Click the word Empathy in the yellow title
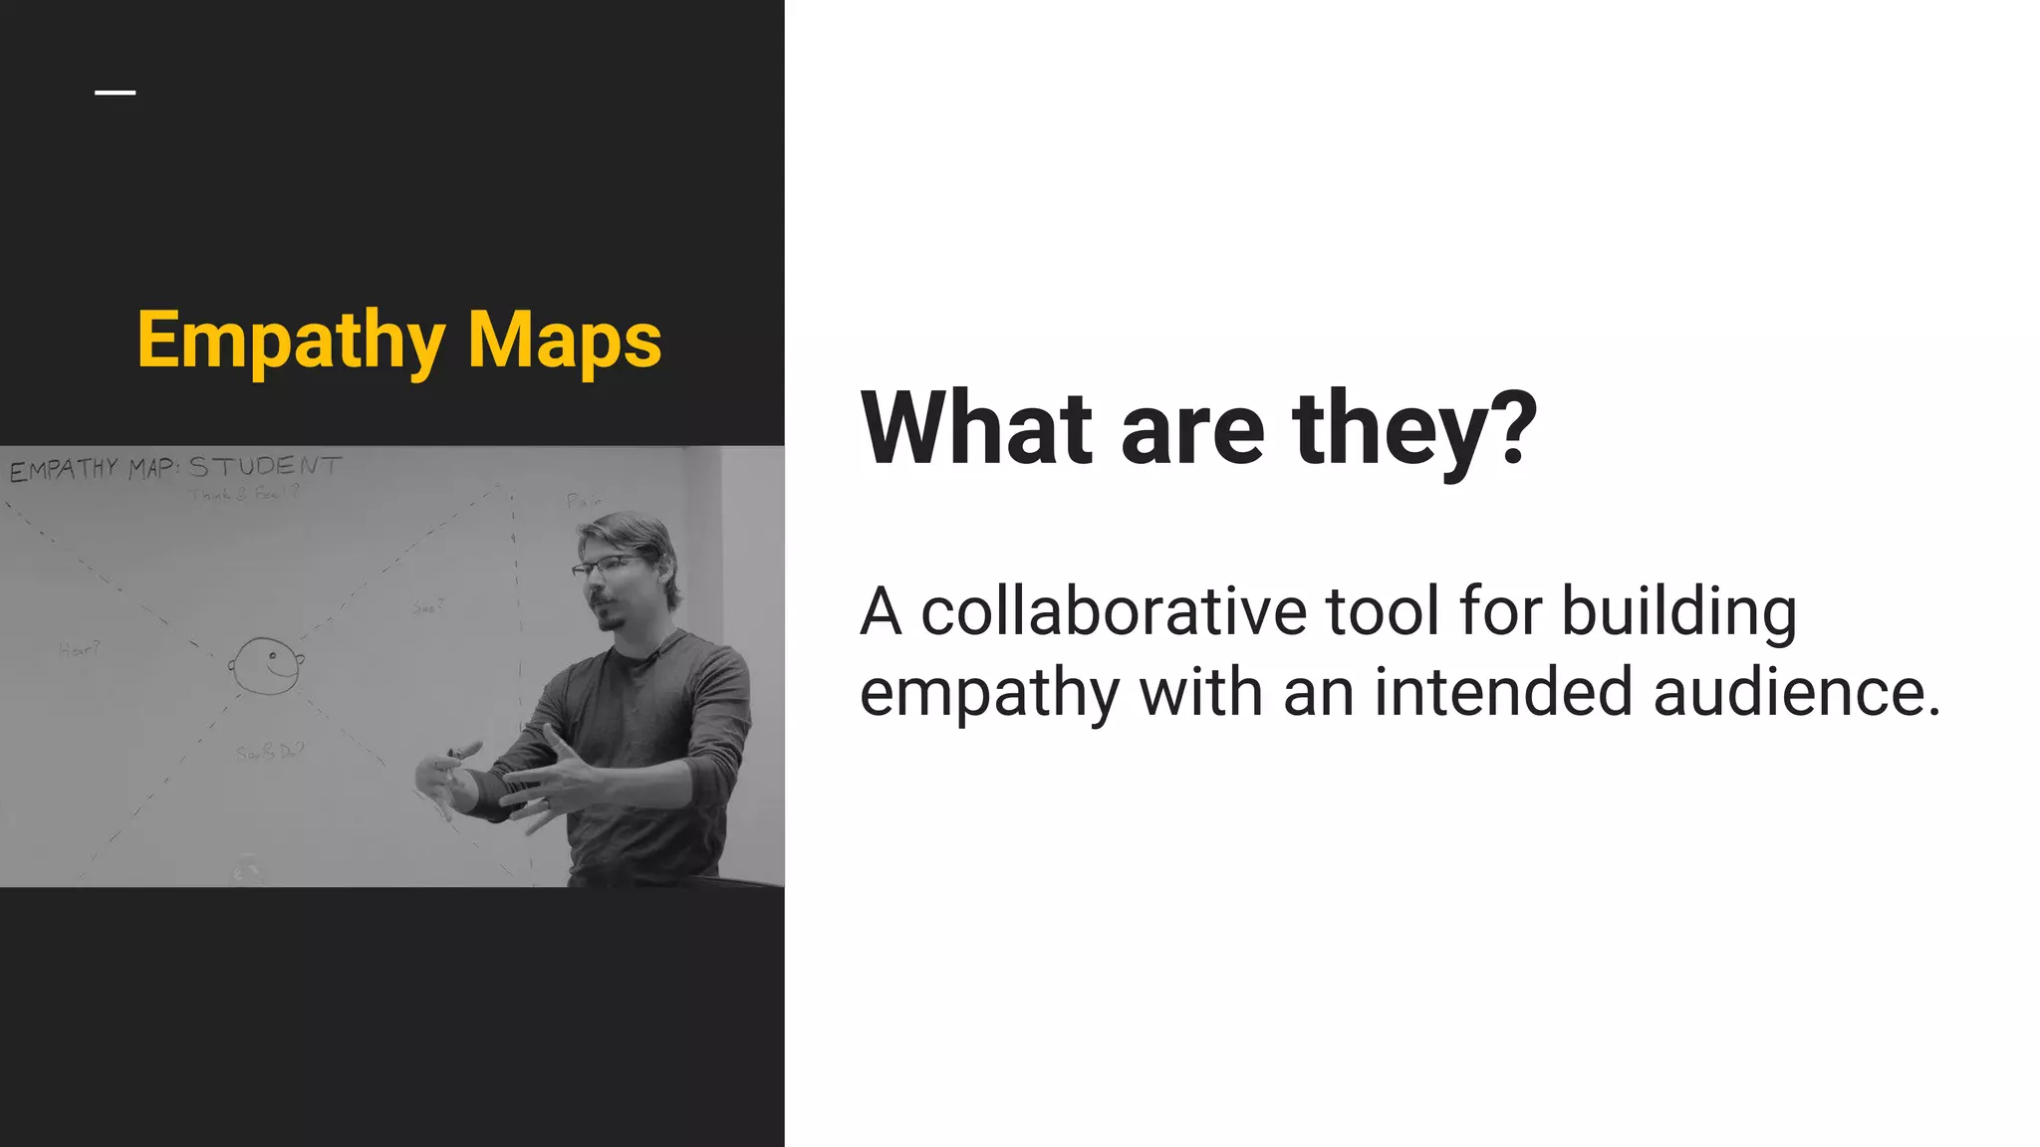(291, 342)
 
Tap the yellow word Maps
(564, 342)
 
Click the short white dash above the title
(116, 94)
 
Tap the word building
(1678, 611)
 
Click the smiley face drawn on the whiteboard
(266, 664)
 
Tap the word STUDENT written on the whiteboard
(265, 466)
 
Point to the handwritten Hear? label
(80, 650)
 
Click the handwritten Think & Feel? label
(245, 494)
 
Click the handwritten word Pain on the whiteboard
(584, 501)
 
